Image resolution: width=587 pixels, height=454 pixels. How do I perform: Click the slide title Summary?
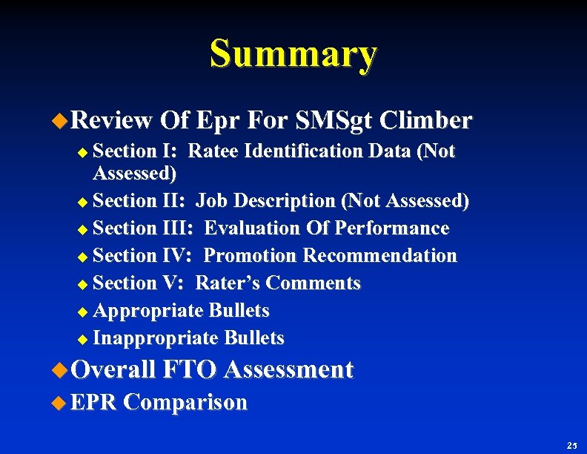tap(293, 54)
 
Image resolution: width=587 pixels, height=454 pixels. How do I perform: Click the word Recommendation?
tap(380, 256)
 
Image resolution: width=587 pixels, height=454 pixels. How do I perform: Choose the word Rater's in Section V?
tap(228, 283)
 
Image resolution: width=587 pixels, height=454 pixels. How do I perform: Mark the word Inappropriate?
tap(155, 338)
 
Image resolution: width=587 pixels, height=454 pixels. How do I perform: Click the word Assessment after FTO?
tap(288, 369)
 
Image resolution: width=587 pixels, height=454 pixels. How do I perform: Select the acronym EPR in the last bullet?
tap(94, 403)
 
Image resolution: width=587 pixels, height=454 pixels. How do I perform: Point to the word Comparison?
tap(185, 403)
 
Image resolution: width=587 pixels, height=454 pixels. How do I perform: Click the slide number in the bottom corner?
tap(571, 446)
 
